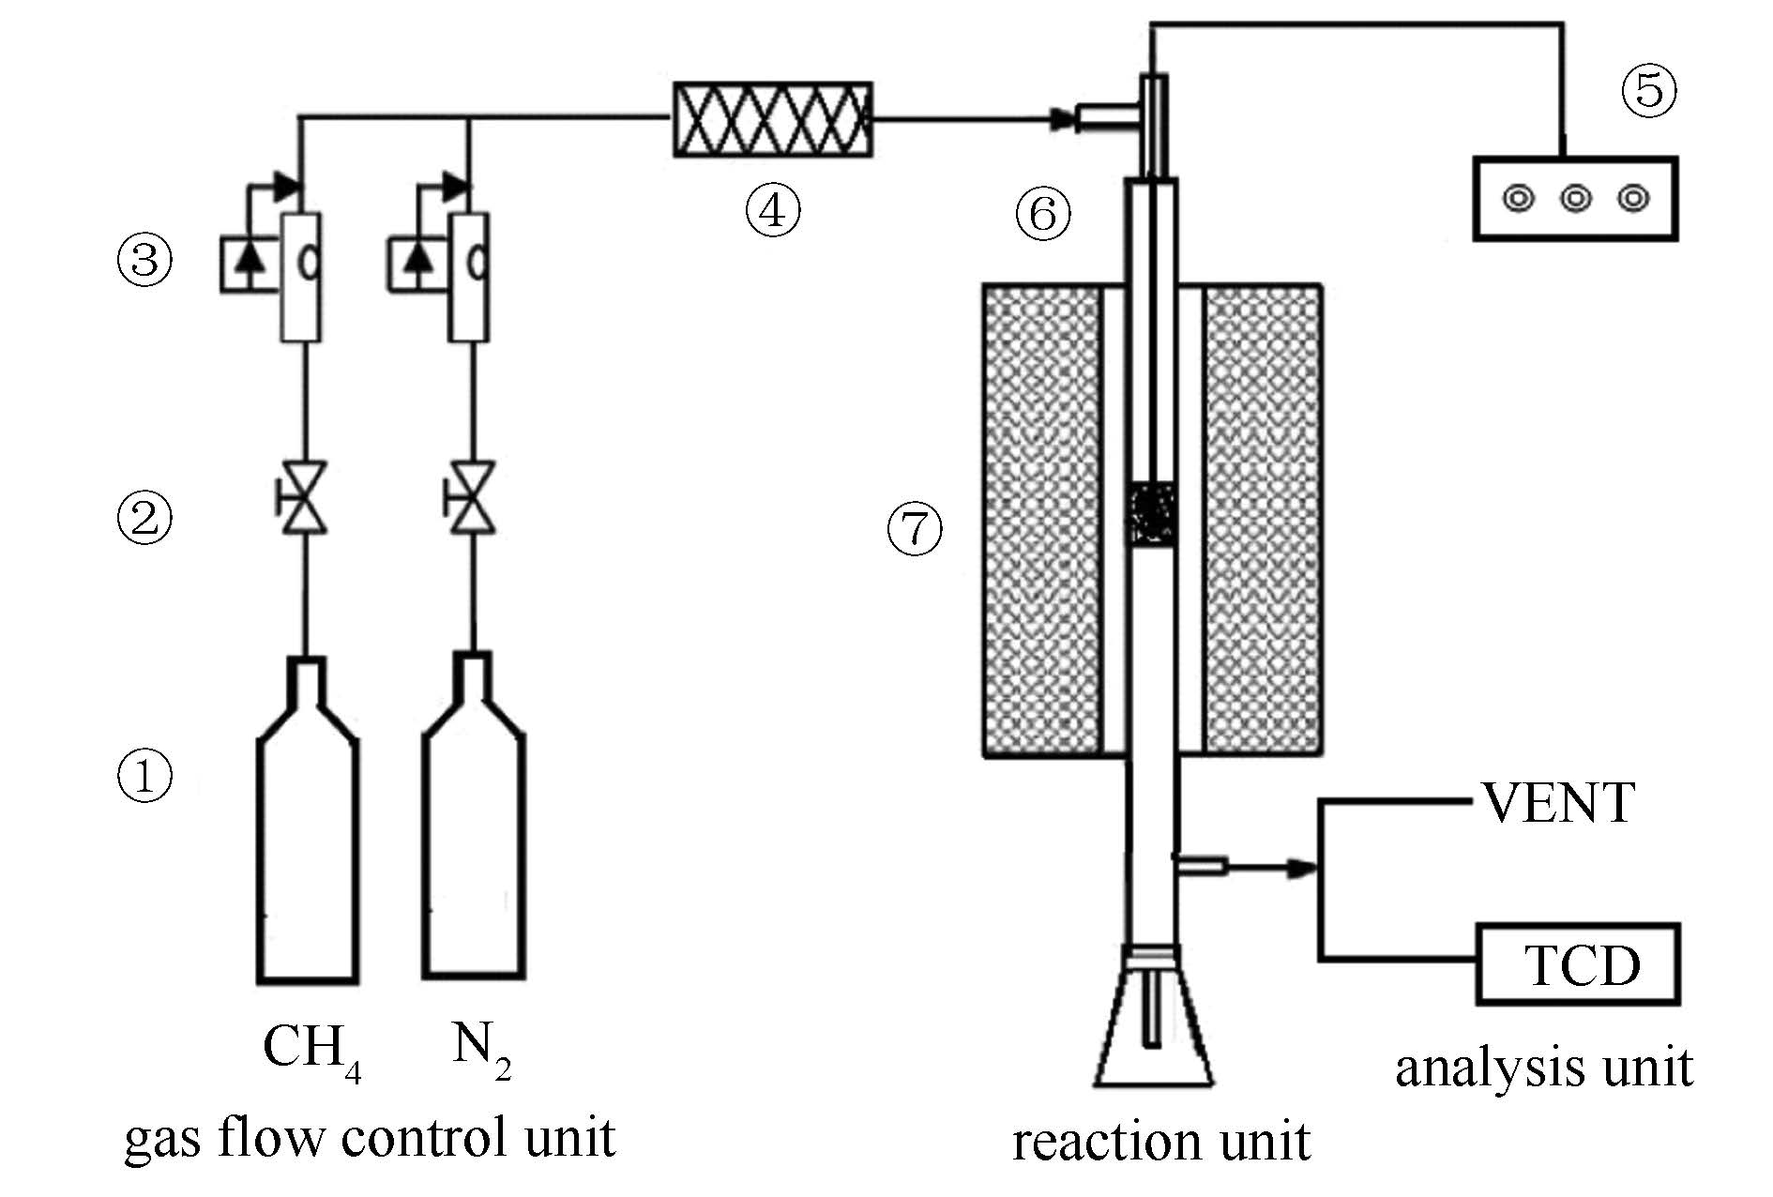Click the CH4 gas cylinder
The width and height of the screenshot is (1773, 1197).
tap(308, 844)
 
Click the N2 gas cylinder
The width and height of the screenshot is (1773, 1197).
tap(473, 844)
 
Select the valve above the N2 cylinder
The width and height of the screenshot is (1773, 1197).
tap(471, 497)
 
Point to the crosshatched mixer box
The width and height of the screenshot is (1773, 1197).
tap(772, 119)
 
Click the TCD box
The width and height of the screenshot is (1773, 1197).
tap(1578, 964)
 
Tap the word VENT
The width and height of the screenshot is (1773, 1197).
tap(1558, 803)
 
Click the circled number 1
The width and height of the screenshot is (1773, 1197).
tap(144, 777)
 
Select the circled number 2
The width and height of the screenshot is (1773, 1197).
tap(144, 517)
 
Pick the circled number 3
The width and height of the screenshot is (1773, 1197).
tap(144, 259)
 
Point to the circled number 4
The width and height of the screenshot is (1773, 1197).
tap(772, 210)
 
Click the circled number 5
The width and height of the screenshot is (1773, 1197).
tap(1649, 91)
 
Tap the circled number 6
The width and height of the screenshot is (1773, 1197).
tap(1043, 214)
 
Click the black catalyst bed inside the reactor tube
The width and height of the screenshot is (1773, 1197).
tap(1152, 514)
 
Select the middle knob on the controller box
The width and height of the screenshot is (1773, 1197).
tap(1576, 199)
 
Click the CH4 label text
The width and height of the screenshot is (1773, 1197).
tap(311, 1048)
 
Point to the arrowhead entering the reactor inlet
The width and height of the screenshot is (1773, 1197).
tap(1062, 119)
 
